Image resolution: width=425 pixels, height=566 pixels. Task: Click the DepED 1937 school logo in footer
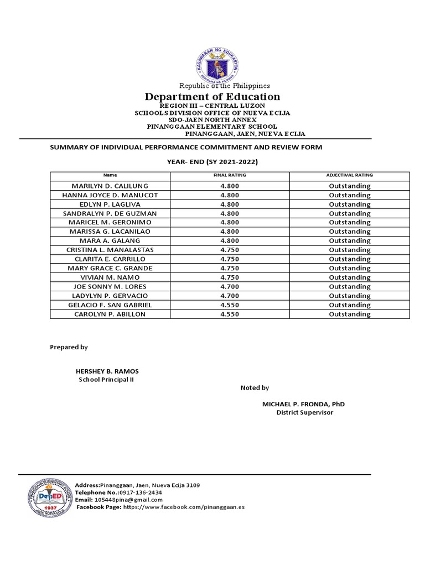click(50, 497)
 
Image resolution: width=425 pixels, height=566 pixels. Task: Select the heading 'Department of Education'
click(212, 97)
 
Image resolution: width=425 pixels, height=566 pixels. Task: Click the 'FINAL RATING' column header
click(230, 175)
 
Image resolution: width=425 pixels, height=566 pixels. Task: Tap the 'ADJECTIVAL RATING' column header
click(349, 175)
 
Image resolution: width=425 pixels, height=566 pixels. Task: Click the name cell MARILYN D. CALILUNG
click(110, 186)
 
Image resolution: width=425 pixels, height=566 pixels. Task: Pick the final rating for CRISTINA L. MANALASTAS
click(230, 250)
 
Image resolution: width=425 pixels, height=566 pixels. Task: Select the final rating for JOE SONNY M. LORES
click(230, 286)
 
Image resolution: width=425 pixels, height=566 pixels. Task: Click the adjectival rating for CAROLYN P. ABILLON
click(349, 314)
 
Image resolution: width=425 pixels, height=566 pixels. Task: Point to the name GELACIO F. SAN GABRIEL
click(110, 305)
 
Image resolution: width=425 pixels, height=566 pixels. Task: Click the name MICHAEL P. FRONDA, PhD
click(303, 404)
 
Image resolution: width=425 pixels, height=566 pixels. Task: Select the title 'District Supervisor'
click(305, 413)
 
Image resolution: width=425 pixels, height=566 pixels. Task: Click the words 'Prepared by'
click(69, 347)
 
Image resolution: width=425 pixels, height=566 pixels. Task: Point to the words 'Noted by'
click(255, 388)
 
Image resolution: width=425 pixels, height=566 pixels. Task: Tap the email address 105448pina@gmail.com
click(128, 500)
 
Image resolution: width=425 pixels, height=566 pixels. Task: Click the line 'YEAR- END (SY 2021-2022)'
click(212, 161)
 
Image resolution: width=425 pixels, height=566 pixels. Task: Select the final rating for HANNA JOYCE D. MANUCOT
click(230, 195)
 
